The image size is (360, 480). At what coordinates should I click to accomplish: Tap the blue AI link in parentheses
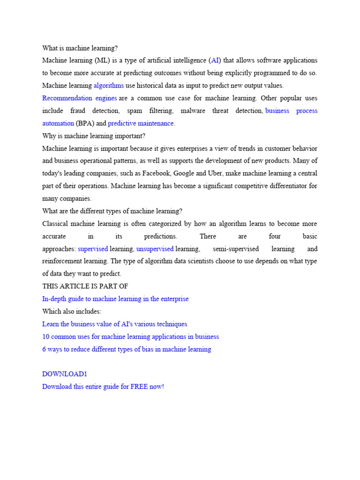pos(215,60)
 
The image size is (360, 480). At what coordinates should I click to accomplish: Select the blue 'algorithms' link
pos(109,85)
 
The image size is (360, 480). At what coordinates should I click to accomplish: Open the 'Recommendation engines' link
pos(79,98)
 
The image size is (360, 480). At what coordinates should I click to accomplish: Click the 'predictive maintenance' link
pos(141,123)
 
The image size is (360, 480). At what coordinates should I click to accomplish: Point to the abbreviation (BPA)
pos(85,123)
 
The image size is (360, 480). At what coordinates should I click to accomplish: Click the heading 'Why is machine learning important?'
pos(94,136)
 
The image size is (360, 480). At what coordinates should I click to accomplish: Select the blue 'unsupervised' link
pos(155,249)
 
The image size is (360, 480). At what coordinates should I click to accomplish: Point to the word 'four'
pos(275,236)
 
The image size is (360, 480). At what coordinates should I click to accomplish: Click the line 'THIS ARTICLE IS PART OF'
pos(85,286)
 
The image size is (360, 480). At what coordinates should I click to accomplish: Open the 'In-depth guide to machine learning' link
pos(115,299)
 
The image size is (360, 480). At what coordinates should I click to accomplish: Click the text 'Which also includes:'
pos(72,311)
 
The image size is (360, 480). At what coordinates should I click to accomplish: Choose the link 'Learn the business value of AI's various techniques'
pos(114,324)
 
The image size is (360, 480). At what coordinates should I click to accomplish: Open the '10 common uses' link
pos(130,337)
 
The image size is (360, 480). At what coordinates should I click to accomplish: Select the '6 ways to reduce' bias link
pos(127,349)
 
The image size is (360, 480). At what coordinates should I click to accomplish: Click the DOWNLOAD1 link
pos(65,374)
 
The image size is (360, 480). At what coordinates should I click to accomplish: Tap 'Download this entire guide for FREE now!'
pos(103,387)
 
